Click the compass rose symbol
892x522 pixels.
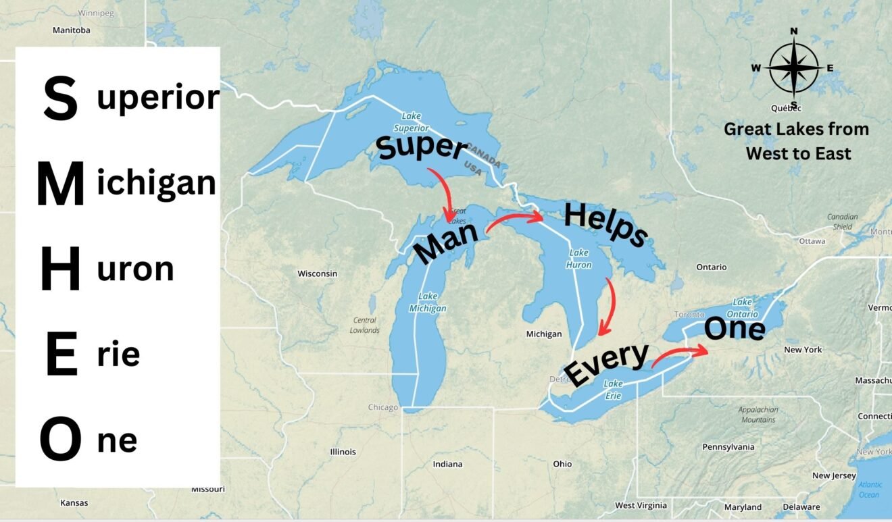pyautogui.click(x=793, y=68)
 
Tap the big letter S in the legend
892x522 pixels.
pyautogui.click(x=60, y=99)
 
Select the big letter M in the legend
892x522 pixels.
pyautogui.click(x=60, y=184)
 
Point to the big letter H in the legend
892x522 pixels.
pyautogui.click(x=60, y=269)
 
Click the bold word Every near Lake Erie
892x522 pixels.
pyautogui.click(x=606, y=365)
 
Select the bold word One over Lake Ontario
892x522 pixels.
pyautogui.click(x=735, y=330)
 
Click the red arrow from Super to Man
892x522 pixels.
pyautogui.click(x=442, y=193)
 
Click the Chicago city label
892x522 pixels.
pyautogui.click(x=382, y=407)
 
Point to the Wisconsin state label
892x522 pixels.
pyautogui.click(x=317, y=273)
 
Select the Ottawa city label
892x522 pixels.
pyautogui.click(x=811, y=241)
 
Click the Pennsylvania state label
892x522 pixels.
pyautogui.click(x=728, y=447)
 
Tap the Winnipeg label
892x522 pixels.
pyautogui.click(x=96, y=13)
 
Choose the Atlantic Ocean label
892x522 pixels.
pyautogui.click(x=869, y=490)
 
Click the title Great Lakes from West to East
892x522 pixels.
pyautogui.click(x=797, y=141)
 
